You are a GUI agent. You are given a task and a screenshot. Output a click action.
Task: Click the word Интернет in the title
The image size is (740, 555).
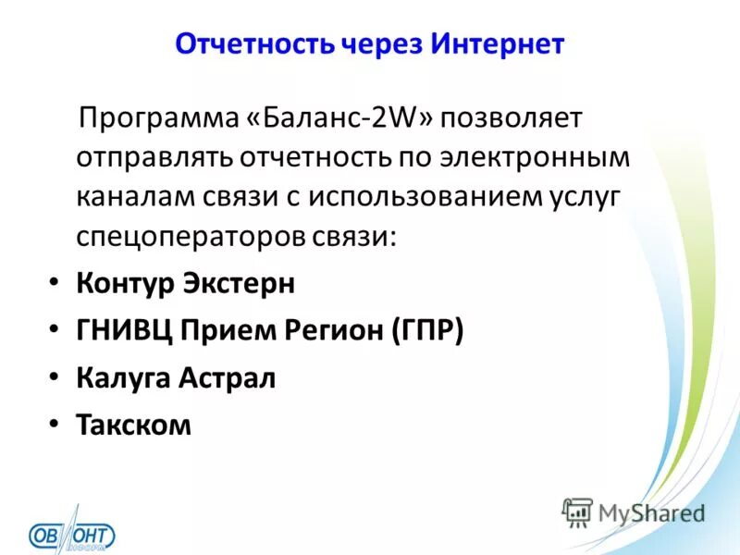pos(496,44)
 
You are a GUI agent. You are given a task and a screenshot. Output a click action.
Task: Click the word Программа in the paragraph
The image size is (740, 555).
pos(160,118)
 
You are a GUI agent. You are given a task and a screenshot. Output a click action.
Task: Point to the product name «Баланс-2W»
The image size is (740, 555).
pos(341,118)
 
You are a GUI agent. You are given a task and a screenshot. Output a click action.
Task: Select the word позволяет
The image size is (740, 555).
pos(514,118)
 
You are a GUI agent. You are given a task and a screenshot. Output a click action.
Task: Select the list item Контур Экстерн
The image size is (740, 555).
pos(186,283)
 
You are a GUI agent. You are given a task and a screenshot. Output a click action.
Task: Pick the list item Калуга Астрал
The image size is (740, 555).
pos(176,377)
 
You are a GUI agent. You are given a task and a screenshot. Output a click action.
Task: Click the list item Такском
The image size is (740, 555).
pos(134,425)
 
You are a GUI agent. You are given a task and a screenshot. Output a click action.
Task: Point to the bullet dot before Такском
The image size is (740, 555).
pos(55,425)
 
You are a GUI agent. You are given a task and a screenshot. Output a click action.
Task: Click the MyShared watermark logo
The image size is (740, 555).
pos(634,512)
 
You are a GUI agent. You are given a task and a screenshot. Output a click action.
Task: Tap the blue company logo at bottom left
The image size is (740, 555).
pos(72,534)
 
